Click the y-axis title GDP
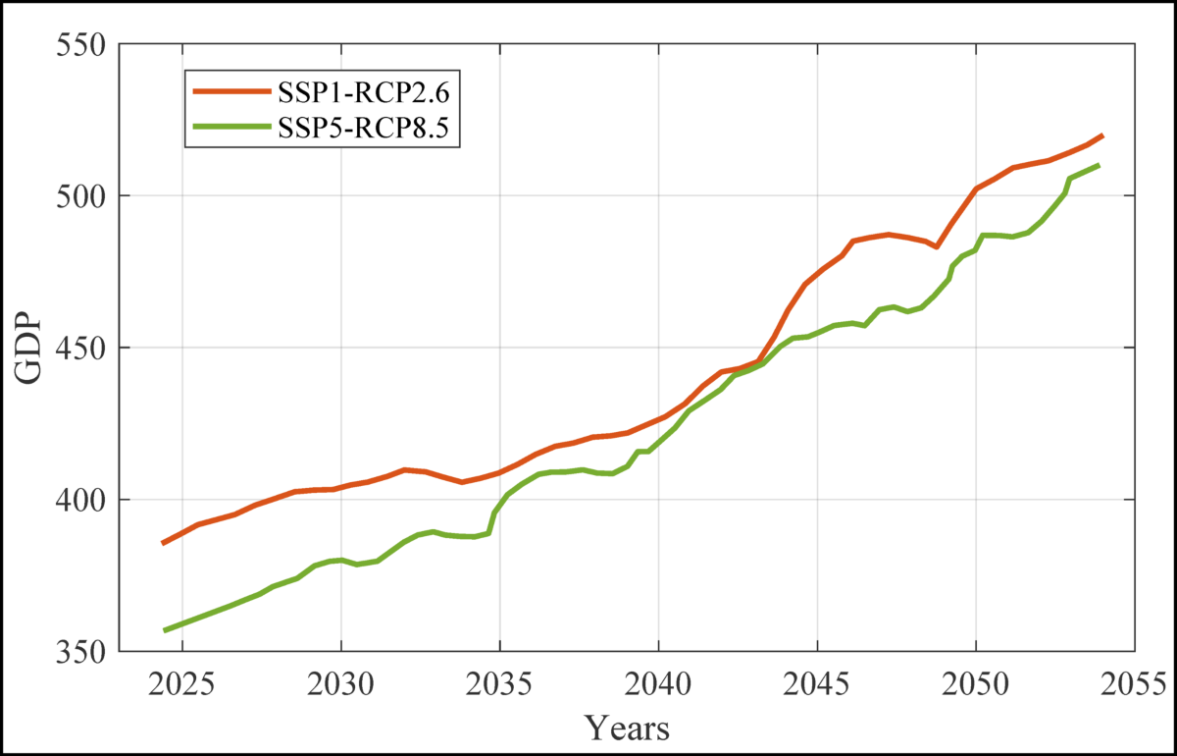pyautogui.click(x=30, y=349)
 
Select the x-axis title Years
pyautogui.click(x=628, y=728)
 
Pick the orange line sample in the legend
pyautogui.click(x=230, y=91)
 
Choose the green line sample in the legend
pyautogui.click(x=230, y=126)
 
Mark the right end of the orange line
pyautogui.click(x=1103, y=135)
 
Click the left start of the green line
pyautogui.click(x=164, y=630)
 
